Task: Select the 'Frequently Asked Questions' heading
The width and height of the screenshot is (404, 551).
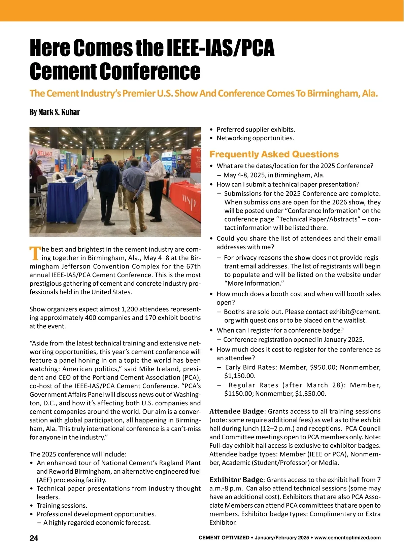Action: coord(274,154)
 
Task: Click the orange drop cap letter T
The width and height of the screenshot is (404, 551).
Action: coord(35,253)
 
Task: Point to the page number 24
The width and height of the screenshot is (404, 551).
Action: coord(34,538)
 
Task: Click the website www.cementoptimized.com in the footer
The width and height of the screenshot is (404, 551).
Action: coord(347,538)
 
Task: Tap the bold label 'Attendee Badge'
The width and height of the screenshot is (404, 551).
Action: coord(236,411)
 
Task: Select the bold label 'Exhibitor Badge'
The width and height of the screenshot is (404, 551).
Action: coord(236,480)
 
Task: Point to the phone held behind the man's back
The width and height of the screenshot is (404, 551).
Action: coord(135,199)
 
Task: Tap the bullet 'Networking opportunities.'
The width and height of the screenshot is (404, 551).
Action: coord(255,138)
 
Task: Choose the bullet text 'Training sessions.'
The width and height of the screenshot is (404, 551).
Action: coord(62,506)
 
